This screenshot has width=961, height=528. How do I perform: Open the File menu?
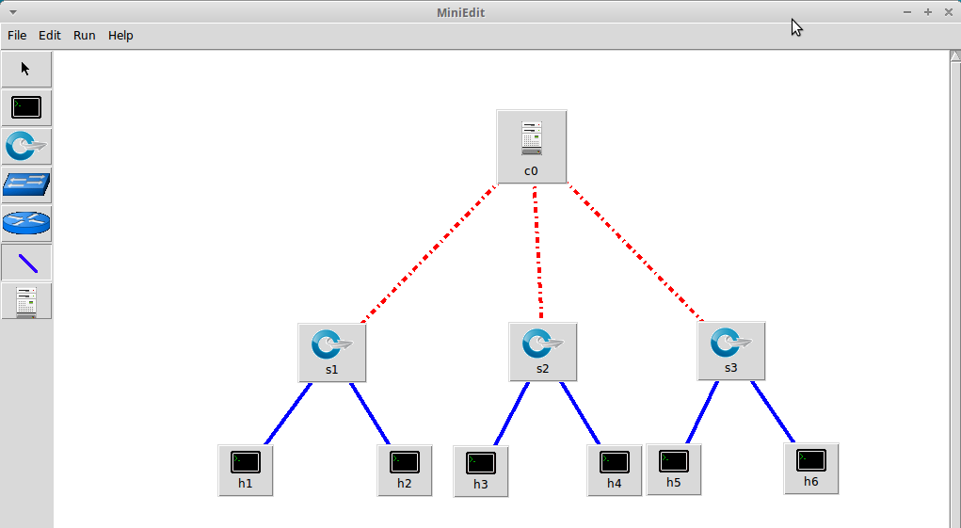pyautogui.click(x=17, y=36)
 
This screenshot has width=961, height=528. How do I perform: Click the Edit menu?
pyautogui.click(x=50, y=36)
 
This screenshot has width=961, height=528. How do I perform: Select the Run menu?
pyautogui.click(x=85, y=36)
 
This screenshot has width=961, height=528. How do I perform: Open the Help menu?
pyautogui.click(x=120, y=36)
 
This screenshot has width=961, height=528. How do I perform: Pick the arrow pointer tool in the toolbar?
pyautogui.click(x=26, y=69)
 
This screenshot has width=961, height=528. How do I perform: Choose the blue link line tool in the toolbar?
pyautogui.click(x=26, y=263)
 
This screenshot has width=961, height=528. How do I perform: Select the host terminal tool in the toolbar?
pyautogui.click(x=26, y=107)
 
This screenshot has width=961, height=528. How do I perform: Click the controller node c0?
pyautogui.click(x=532, y=145)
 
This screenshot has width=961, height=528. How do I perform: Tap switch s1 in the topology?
pyautogui.click(x=331, y=351)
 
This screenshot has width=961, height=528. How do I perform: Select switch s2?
pyautogui.click(x=542, y=350)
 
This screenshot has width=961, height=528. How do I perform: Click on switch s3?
pyautogui.click(x=730, y=349)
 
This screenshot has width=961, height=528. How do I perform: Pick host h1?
pyautogui.click(x=246, y=469)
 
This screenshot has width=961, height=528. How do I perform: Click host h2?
pyautogui.click(x=405, y=469)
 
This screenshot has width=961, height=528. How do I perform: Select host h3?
pyautogui.click(x=481, y=470)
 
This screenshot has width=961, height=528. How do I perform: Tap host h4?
pyautogui.click(x=615, y=469)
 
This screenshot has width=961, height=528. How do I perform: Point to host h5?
pyautogui.click(x=674, y=468)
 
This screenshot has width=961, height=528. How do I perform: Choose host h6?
pyautogui.click(x=811, y=467)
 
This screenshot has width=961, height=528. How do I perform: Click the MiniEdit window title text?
pyautogui.click(x=461, y=12)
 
